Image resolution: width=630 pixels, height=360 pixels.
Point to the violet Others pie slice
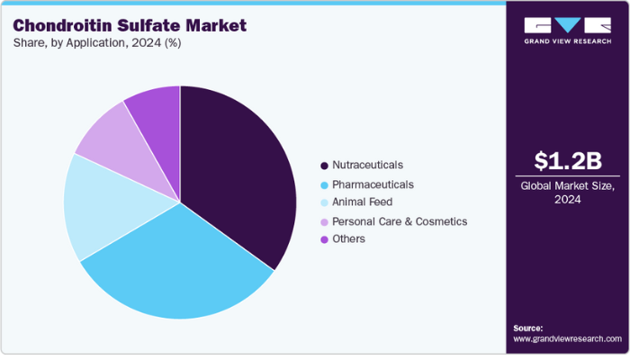[156, 112]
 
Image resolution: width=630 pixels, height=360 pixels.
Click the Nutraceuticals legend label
[367, 166]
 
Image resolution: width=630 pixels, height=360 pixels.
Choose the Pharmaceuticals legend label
[373, 184]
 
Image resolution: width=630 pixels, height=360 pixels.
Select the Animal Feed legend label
[362, 202]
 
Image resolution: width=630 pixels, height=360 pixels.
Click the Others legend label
[348, 238]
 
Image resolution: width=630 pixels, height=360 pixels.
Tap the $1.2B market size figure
[567, 161]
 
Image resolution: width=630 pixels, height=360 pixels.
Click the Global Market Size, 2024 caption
[567, 193]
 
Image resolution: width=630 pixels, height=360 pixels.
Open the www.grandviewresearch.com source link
[567, 339]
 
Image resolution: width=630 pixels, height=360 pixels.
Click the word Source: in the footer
[528, 328]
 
